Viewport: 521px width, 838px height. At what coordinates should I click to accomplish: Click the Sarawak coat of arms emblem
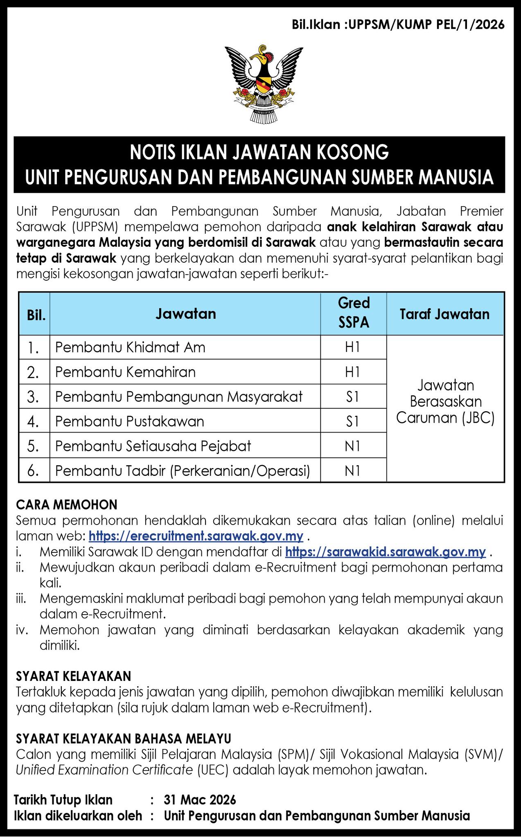260,83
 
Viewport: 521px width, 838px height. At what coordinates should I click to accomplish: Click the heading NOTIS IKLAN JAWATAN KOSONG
259,152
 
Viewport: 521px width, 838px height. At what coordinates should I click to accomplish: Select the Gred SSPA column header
354,313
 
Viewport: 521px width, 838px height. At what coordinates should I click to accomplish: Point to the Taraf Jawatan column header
444,314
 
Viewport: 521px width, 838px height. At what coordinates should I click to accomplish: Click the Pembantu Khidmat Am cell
130,347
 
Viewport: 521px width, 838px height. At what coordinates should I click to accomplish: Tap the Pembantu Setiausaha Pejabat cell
153,446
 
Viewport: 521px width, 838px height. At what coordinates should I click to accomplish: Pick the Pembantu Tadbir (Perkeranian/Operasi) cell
183,471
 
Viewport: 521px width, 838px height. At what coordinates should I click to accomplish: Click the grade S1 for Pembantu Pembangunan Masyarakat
352,396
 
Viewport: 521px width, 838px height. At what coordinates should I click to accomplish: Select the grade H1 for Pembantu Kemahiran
352,372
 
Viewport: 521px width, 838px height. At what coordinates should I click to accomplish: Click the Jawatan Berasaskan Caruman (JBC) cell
445,401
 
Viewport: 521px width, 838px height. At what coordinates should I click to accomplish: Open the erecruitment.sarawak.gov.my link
196,536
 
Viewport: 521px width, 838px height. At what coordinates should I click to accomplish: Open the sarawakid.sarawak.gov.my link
385,552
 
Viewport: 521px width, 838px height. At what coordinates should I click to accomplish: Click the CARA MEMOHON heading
67,505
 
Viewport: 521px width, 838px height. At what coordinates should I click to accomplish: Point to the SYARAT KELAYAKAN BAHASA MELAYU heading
124,739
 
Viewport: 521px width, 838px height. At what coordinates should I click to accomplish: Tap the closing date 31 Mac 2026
200,800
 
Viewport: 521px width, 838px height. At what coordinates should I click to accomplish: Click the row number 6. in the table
33,471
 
